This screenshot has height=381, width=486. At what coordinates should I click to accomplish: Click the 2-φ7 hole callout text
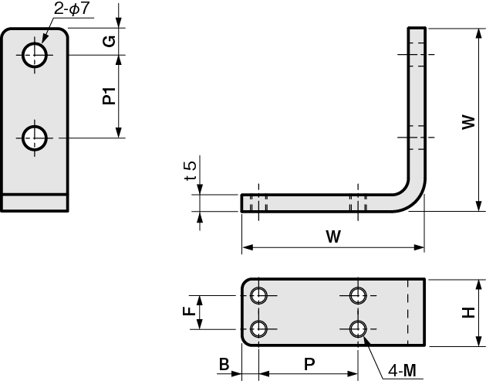click(72, 9)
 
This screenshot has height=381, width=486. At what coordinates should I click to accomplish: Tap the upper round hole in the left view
click(35, 55)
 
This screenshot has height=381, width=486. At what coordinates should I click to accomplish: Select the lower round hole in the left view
click(35, 138)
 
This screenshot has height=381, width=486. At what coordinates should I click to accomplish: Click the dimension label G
click(109, 41)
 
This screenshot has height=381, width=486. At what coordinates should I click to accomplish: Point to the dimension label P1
click(109, 96)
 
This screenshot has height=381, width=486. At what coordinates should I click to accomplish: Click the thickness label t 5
click(191, 171)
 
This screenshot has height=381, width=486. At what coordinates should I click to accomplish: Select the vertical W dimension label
click(468, 122)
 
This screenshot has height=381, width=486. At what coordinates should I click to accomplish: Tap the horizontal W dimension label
click(333, 236)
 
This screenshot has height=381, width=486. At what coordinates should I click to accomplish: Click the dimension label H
click(468, 312)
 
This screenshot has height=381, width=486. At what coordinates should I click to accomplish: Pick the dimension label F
click(189, 311)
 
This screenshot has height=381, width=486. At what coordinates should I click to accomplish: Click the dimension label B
click(224, 364)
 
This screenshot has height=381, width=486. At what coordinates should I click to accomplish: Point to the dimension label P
click(309, 364)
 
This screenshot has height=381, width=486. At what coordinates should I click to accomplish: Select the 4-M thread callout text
click(402, 370)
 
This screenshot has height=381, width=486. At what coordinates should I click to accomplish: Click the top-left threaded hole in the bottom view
click(258, 295)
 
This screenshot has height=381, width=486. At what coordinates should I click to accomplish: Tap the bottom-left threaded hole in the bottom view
click(258, 328)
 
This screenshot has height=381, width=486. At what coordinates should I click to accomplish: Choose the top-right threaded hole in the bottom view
click(358, 295)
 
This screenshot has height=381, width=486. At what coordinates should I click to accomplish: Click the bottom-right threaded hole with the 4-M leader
click(358, 328)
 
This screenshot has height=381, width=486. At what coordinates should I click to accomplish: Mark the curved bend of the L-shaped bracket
click(414, 200)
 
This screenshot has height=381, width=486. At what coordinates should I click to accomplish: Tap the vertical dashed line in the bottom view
click(408, 312)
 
